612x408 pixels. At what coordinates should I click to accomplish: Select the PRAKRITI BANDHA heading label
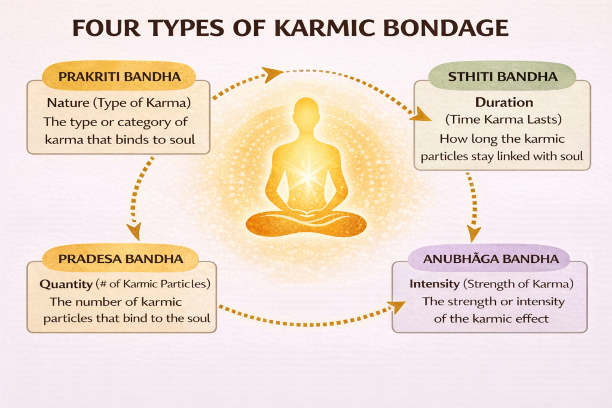(x=120, y=76)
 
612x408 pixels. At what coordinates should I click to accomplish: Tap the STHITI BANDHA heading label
(x=502, y=76)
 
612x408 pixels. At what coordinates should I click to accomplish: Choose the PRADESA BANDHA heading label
(x=121, y=259)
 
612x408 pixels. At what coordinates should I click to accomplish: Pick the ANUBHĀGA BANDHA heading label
(x=491, y=258)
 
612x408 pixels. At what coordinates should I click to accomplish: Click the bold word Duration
(x=504, y=102)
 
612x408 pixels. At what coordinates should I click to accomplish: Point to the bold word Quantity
(x=66, y=284)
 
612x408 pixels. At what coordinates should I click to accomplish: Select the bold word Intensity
(x=434, y=284)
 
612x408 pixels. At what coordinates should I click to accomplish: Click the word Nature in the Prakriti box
(x=68, y=103)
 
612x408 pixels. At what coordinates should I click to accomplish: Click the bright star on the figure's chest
(x=307, y=176)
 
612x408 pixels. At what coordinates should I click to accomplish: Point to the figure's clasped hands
(x=307, y=213)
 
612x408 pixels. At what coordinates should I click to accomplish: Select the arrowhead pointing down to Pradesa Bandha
(x=134, y=231)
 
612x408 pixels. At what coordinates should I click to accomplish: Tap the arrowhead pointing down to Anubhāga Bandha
(x=473, y=233)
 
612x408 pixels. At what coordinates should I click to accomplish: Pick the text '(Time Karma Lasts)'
(x=503, y=119)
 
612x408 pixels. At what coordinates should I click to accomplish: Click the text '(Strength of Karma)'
(x=518, y=284)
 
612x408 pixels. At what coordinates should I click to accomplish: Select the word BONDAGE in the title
(x=445, y=27)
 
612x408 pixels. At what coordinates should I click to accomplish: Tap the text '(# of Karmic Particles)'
(x=153, y=284)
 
